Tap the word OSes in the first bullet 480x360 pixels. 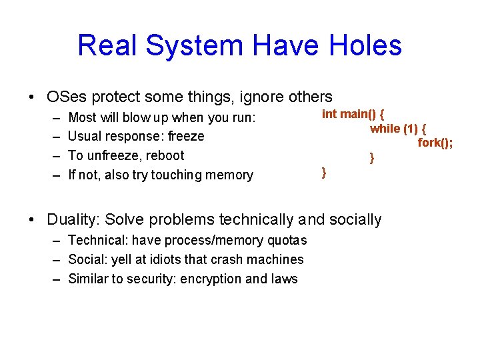(66, 97)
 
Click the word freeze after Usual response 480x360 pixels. (186, 136)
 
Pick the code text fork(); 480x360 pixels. (435, 143)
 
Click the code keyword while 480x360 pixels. (385, 129)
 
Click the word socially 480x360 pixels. (357, 219)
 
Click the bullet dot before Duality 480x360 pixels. (33, 219)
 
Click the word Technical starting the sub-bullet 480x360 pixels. (95, 240)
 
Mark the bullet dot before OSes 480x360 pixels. (33, 97)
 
